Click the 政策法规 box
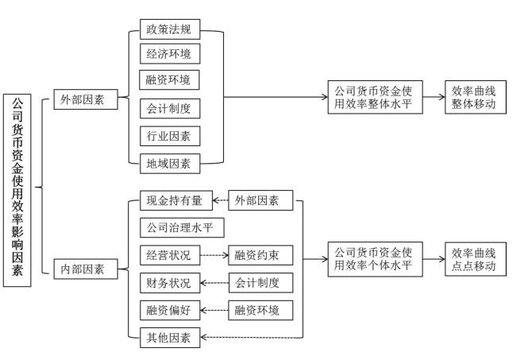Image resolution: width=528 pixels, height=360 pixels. (170, 29)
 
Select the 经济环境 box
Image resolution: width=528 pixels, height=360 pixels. (170, 53)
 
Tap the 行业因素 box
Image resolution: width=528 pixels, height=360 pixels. (170, 136)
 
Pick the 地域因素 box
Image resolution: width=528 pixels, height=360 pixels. (170, 164)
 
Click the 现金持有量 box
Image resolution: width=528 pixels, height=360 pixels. (176, 200)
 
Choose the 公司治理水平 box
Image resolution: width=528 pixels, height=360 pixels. (182, 227)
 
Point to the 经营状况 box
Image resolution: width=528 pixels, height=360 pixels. (170, 255)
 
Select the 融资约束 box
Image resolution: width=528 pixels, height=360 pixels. (260, 255)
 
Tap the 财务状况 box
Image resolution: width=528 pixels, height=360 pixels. (170, 283)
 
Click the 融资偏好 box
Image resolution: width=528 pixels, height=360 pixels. (170, 310)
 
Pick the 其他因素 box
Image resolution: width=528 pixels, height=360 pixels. (170, 338)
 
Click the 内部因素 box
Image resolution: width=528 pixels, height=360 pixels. (86, 269)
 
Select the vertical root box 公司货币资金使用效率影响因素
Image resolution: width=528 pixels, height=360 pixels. (17, 191)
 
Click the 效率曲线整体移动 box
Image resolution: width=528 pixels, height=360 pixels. (476, 97)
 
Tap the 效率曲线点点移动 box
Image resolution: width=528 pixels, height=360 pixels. (476, 259)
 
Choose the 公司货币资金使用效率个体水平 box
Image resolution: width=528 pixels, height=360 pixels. (375, 259)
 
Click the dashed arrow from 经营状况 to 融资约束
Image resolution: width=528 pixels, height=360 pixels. (214, 255)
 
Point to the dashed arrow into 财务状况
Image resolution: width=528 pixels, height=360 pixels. (214, 283)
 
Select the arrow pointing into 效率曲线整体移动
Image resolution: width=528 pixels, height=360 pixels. (434, 97)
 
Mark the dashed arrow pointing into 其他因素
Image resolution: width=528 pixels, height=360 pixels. (252, 337)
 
